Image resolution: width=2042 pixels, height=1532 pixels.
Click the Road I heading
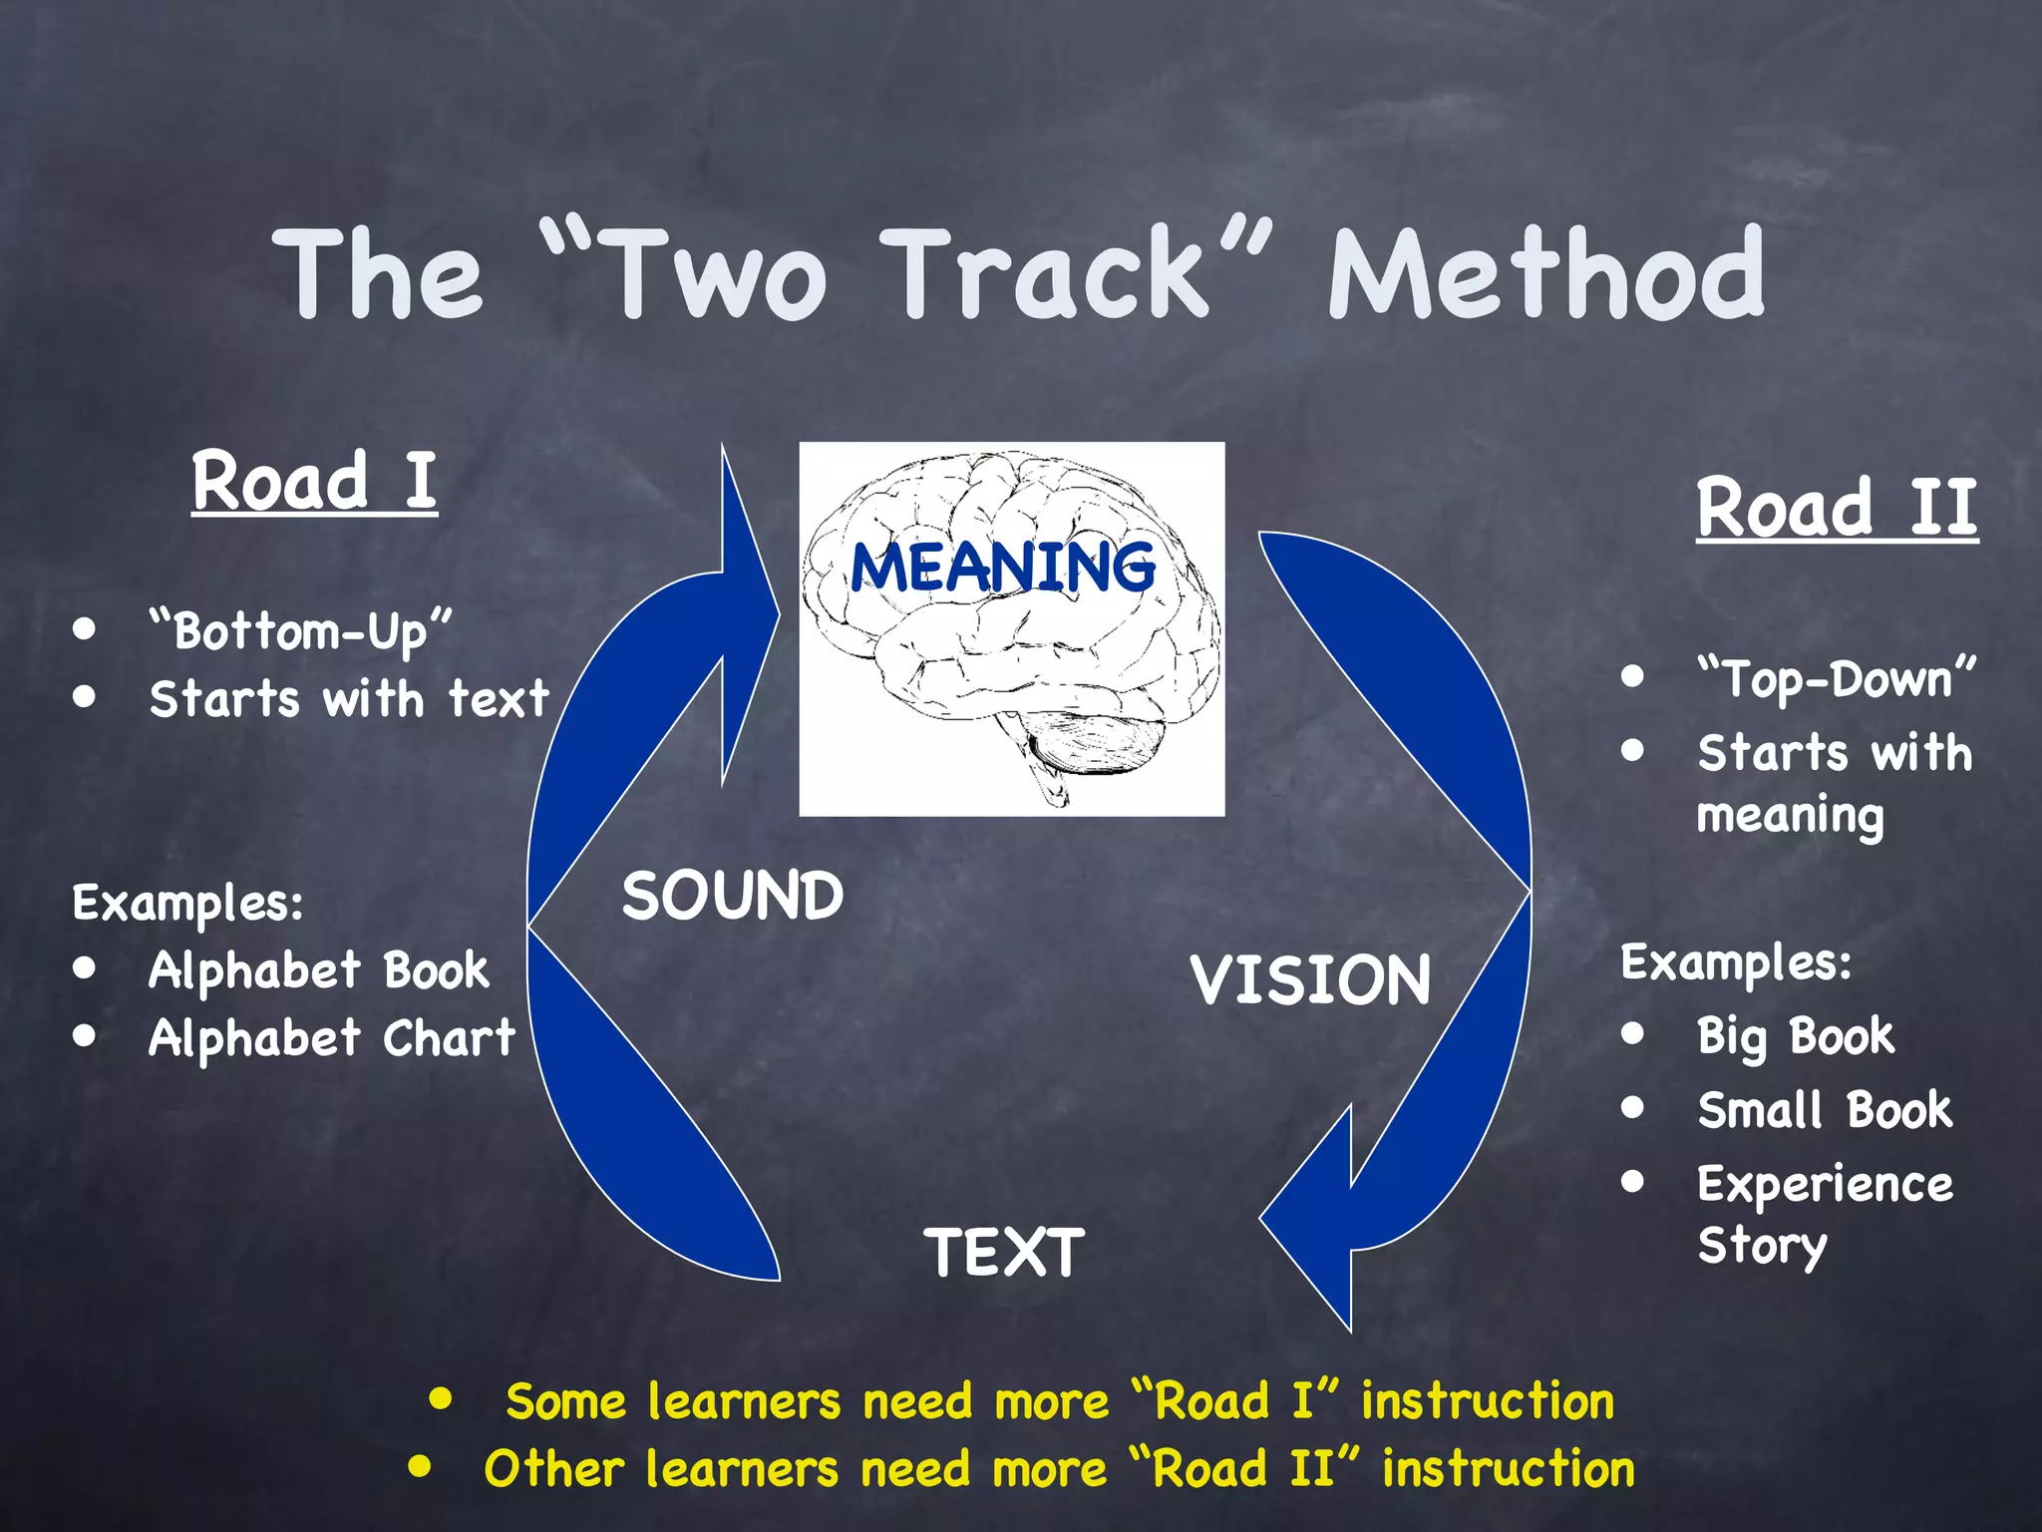(x=314, y=481)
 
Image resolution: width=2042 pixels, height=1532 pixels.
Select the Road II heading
(x=1837, y=508)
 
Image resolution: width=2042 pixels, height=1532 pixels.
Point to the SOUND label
(x=733, y=895)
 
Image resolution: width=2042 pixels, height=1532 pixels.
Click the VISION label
(x=1310, y=979)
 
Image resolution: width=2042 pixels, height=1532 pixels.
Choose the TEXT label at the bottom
(x=1004, y=1253)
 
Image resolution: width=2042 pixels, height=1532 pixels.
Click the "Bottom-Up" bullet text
(x=300, y=631)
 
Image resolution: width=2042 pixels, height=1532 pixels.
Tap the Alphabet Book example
(x=319, y=970)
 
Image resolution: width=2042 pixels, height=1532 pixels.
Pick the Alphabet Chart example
(x=332, y=1038)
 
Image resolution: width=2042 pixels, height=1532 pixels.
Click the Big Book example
(x=1796, y=1036)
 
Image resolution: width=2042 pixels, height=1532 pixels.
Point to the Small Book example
(x=1825, y=1110)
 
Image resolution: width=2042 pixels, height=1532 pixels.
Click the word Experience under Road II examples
(x=1825, y=1185)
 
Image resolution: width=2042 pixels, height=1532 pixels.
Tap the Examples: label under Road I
(x=187, y=904)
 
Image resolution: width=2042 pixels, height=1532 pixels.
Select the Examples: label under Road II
(x=1736, y=963)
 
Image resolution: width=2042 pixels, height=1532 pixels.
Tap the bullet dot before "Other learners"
(x=420, y=1466)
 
